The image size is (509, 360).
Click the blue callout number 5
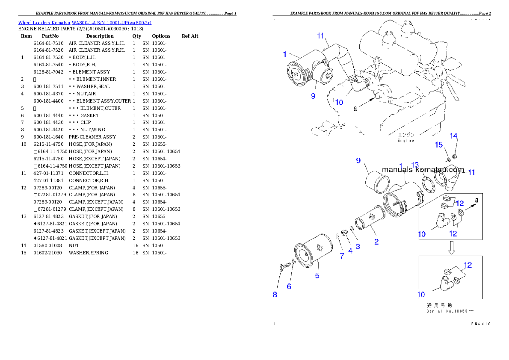pos(317,276)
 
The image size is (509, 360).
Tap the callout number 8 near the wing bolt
pos(275,294)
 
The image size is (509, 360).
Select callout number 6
pos(289,286)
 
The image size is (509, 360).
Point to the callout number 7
pos(342,256)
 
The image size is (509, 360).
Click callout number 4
pos(350,251)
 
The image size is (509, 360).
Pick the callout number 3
pos(358,246)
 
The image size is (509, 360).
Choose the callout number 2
pos(376,242)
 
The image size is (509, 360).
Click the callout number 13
pos(415,165)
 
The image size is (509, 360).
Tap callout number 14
pos(453,136)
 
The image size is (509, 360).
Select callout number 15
pos(439,145)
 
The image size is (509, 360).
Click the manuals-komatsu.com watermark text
pos(423,169)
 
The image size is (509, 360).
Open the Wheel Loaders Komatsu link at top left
pos(85,23)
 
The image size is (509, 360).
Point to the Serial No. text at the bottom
pos(449,311)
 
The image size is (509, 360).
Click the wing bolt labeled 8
pos(283,267)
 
